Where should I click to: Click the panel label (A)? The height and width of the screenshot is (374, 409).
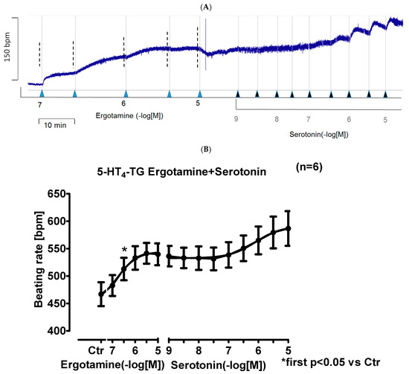204,5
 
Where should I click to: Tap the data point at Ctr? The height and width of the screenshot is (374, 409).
101,294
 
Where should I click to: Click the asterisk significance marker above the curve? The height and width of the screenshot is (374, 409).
124,251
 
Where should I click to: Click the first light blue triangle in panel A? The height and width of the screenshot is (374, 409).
42,94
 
